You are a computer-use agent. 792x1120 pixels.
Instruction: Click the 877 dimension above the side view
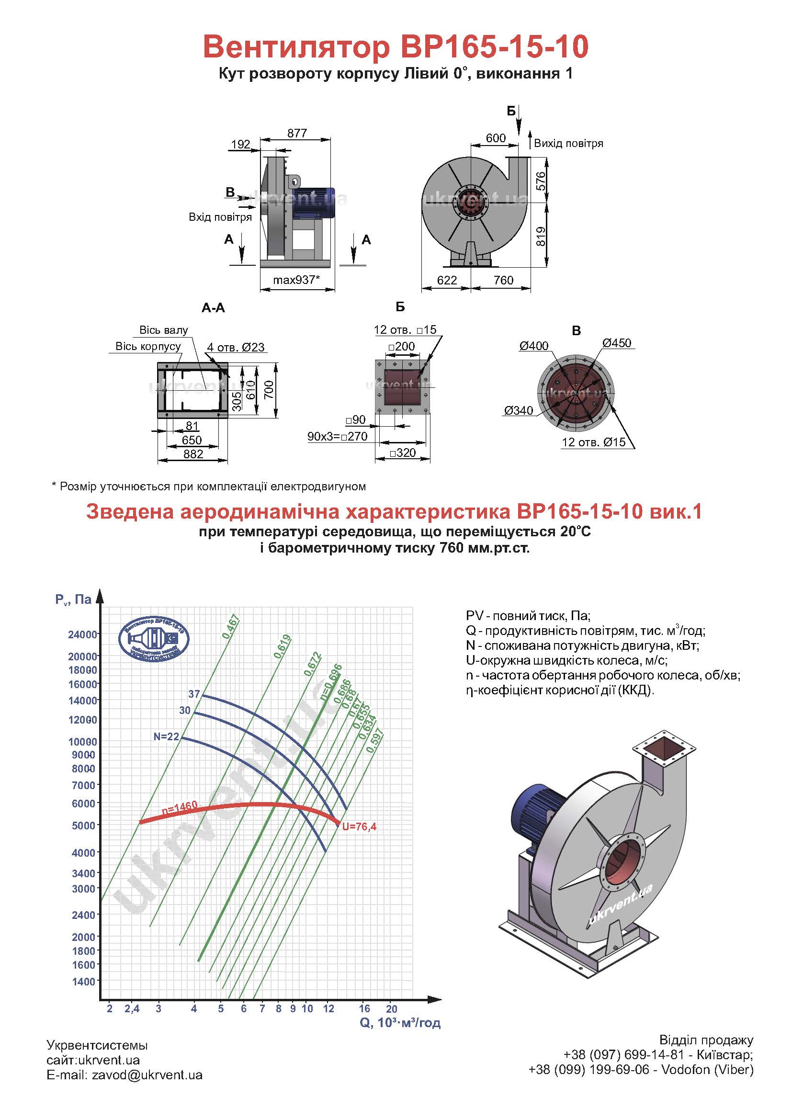(297, 133)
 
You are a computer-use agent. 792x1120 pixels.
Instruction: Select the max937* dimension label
(296, 280)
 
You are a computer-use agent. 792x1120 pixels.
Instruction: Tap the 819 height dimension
(540, 237)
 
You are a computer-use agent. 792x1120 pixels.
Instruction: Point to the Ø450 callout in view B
(616, 343)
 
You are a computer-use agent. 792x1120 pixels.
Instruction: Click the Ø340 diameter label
(519, 410)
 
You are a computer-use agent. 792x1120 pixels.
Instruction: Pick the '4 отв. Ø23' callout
(236, 347)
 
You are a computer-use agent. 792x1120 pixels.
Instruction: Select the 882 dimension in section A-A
(193, 453)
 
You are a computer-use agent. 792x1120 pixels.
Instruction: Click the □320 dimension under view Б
(403, 453)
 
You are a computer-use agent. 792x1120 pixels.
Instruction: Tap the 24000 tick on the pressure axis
(82, 634)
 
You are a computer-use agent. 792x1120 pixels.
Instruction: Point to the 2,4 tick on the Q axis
(132, 1008)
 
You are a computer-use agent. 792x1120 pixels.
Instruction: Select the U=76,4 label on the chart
(359, 826)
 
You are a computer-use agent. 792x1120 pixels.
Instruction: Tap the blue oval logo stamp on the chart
(154, 640)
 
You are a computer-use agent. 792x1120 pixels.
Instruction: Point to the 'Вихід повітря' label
(568, 144)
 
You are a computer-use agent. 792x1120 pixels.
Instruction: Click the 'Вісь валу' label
(163, 330)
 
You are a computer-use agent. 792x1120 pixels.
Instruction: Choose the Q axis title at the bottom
(400, 1022)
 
